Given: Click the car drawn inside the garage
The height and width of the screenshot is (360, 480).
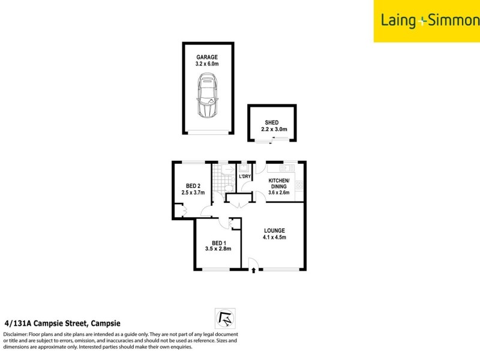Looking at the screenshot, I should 208,97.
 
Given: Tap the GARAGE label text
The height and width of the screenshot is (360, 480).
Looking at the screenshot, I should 208,58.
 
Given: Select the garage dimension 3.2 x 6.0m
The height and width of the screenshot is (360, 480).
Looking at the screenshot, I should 208,65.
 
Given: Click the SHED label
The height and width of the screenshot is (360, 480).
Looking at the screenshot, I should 272,122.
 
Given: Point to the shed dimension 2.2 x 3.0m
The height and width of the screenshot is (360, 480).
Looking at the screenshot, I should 274,130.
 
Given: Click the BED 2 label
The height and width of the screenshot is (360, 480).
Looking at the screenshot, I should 193,186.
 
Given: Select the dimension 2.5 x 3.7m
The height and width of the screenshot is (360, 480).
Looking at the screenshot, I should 193,193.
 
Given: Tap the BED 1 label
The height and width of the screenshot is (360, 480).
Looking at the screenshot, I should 218,242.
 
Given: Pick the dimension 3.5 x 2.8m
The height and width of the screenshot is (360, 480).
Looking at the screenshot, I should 218,250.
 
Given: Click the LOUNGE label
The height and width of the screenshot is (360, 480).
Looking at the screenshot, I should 274,230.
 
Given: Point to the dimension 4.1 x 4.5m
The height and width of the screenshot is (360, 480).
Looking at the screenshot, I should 274,238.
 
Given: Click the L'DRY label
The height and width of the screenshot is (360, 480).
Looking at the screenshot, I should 245,176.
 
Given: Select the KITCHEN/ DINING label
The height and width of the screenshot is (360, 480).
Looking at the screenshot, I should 279,184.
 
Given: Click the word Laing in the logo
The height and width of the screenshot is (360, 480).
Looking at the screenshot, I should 398,21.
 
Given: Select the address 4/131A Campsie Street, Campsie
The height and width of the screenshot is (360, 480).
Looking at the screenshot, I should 63,322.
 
